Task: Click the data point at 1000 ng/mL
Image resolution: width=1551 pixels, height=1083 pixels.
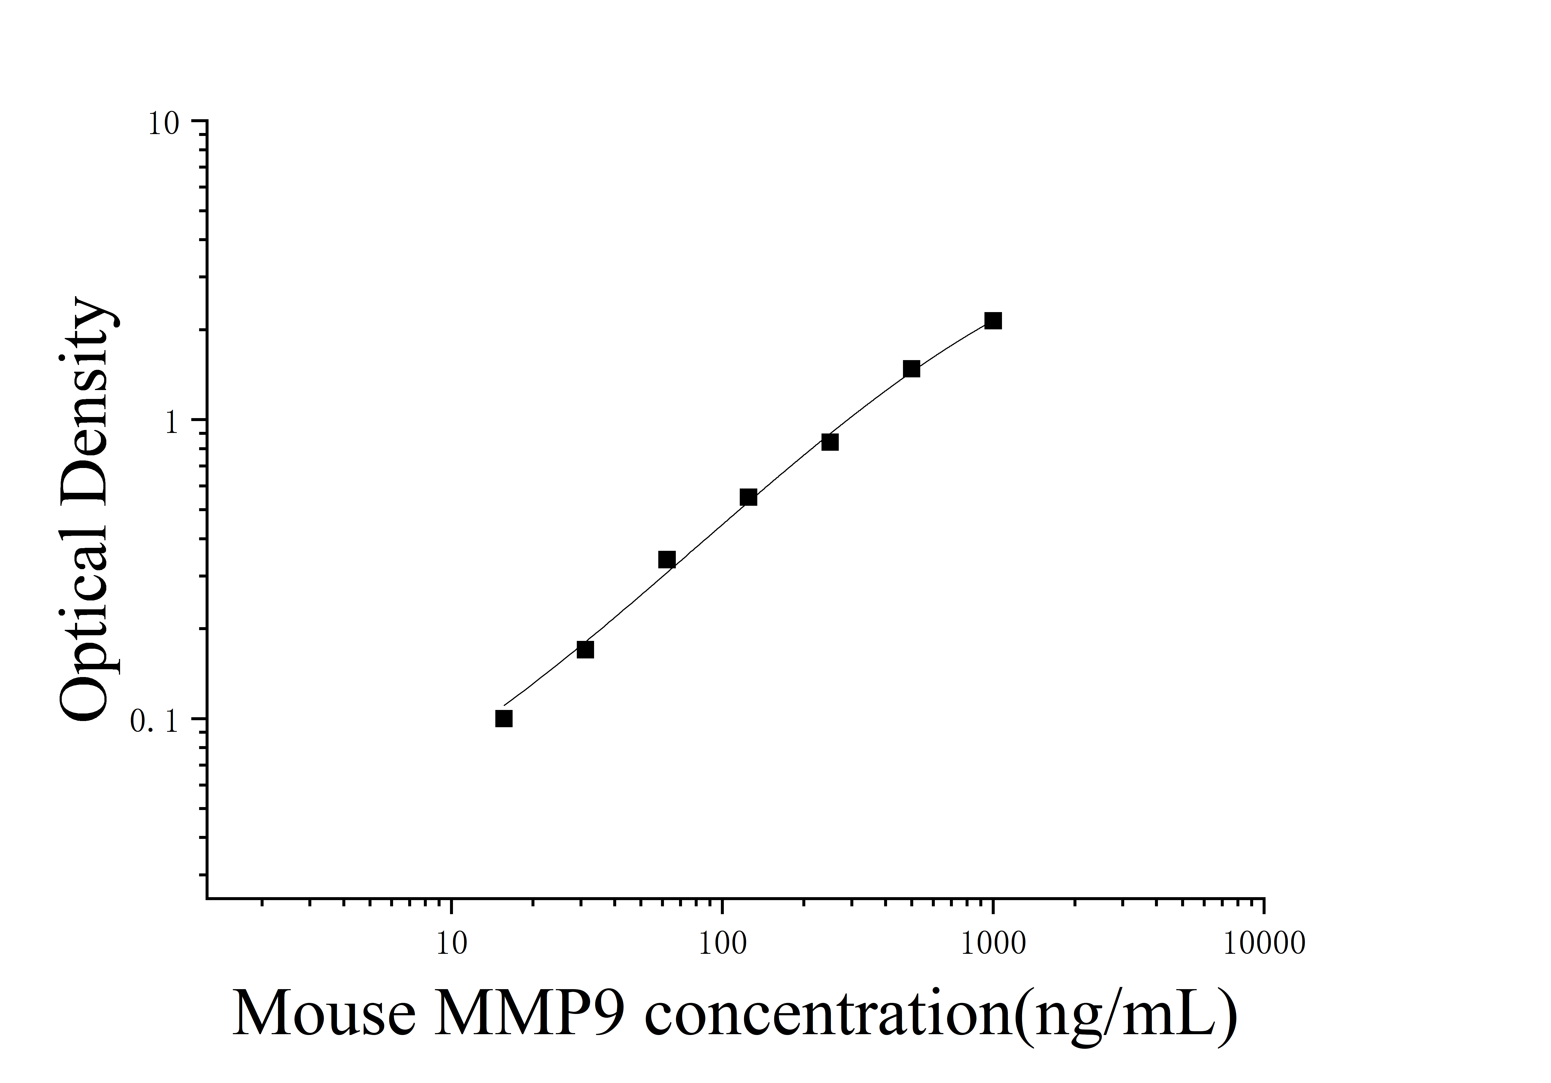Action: click(x=992, y=321)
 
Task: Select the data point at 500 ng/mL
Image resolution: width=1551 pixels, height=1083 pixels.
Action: click(x=911, y=369)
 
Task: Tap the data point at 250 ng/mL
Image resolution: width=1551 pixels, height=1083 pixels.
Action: click(x=830, y=442)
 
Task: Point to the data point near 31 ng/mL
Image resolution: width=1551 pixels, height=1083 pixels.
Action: click(x=585, y=649)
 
